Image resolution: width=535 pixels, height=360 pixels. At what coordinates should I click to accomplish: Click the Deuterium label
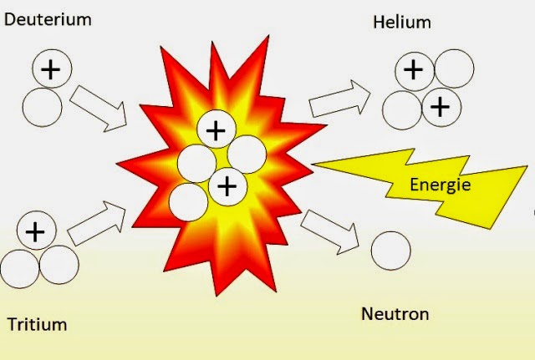click(x=48, y=19)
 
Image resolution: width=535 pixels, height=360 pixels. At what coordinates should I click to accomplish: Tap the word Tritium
click(x=37, y=324)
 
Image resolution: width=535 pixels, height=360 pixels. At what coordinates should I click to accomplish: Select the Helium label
click(x=402, y=23)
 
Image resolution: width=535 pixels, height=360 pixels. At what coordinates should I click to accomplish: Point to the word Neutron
click(x=395, y=313)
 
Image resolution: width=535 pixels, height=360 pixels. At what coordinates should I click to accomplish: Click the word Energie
click(x=441, y=185)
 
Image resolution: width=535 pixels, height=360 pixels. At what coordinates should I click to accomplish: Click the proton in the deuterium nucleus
click(x=52, y=68)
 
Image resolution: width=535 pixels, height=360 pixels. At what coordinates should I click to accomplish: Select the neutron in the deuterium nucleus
click(x=43, y=108)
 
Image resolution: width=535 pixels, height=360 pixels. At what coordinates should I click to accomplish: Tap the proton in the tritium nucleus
click(x=37, y=231)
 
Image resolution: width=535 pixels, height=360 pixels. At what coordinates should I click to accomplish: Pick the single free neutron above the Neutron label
click(x=390, y=251)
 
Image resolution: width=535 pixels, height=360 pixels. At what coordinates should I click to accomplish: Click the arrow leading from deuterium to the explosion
click(x=99, y=109)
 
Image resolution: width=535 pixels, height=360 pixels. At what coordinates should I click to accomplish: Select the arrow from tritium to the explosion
click(x=97, y=223)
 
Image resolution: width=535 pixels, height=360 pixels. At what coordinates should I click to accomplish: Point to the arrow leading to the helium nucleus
click(x=339, y=99)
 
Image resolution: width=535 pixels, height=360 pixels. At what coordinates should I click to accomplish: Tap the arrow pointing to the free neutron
click(x=330, y=232)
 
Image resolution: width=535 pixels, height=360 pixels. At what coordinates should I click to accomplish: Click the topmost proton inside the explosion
click(x=217, y=129)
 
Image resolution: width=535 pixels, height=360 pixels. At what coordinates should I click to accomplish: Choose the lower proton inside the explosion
click(x=227, y=186)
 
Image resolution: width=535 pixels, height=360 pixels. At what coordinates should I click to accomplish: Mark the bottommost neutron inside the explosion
click(x=188, y=202)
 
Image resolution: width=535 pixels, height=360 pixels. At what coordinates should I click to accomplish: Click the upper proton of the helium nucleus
click(x=415, y=71)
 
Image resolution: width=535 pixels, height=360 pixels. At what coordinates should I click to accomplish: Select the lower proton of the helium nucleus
click(x=441, y=107)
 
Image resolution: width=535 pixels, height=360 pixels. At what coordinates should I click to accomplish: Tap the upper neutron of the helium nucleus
click(x=455, y=68)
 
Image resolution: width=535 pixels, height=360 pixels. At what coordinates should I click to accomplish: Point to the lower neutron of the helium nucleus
click(x=402, y=110)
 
